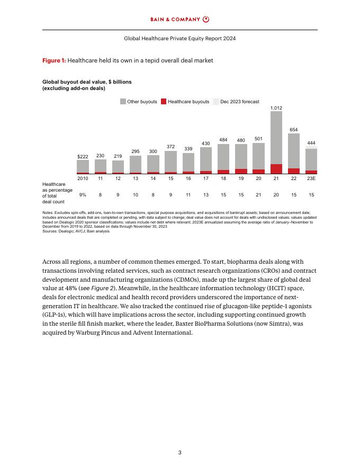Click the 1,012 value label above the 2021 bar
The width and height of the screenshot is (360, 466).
(x=276, y=107)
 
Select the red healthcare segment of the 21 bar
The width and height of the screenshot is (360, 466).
(x=276, y=169)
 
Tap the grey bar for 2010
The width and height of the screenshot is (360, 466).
(x=83, y=166)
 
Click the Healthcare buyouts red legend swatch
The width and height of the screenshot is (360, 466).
(x=164, y=101)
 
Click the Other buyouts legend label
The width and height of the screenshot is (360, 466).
(x=142, y=101)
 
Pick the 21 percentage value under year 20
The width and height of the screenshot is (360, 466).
(x=258, y=195)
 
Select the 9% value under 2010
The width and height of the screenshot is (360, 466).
(x=83, y=195)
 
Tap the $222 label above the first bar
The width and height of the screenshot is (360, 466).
(x=83, y=156)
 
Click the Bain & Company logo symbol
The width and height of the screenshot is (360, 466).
(x=206, y=20)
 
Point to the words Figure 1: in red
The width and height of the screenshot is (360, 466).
(x=54, y=61)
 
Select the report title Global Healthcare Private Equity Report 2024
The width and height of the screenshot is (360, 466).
(x=180, y=39)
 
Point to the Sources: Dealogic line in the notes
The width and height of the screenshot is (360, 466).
(x=76, y=231)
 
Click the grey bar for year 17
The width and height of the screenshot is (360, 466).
(x=206, y=159)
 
